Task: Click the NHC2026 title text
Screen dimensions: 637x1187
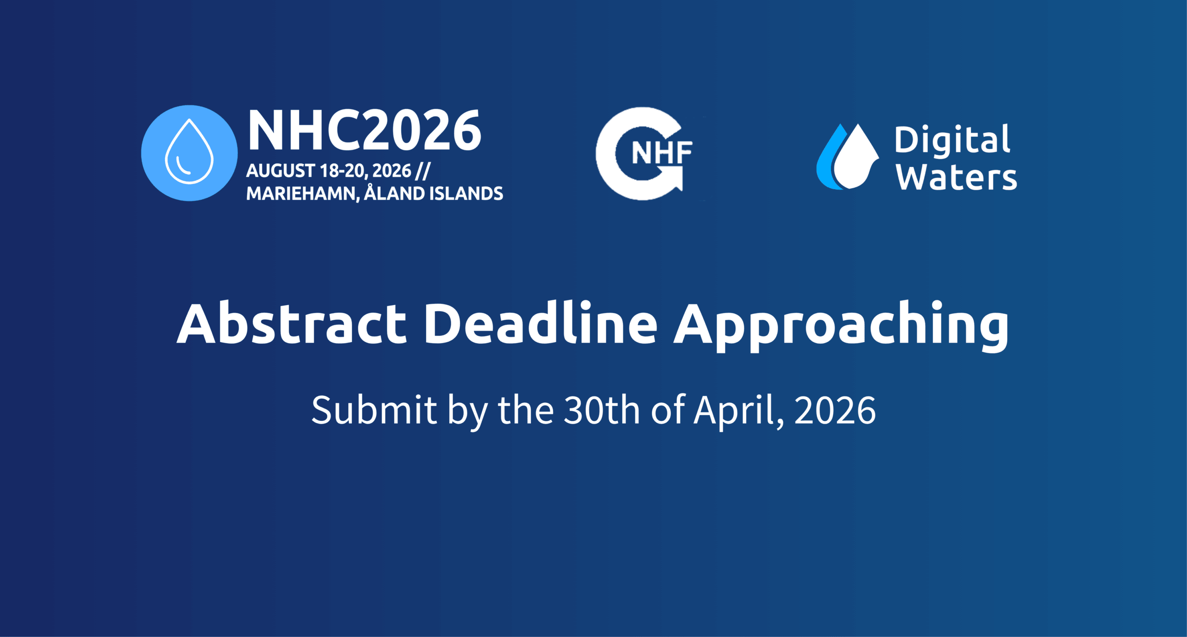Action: coord(364,131)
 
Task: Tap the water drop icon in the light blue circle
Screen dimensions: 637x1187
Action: coord(189,152)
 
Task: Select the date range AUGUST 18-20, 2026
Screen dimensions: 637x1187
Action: coord(328,171)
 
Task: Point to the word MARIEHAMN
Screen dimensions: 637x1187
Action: coord(302,194)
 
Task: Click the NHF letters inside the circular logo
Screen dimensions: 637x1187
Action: coord(661,153)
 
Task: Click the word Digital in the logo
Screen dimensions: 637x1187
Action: coord(952,140)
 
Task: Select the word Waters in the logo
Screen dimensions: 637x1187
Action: coord(956,178)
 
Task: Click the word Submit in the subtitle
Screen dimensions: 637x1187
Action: coord(374,410)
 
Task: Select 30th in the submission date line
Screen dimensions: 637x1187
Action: coord(602,410)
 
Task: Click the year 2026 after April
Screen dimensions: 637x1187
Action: coord(835,410)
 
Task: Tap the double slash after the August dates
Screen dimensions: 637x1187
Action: coord(423,171)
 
